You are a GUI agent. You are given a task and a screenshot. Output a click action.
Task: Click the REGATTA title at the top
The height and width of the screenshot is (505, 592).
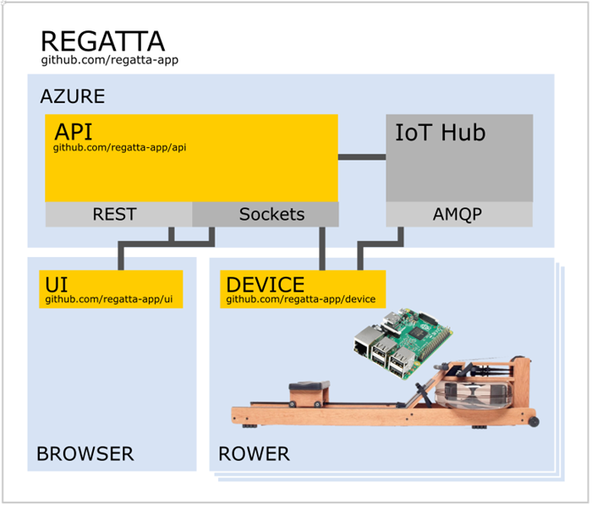point(102,41)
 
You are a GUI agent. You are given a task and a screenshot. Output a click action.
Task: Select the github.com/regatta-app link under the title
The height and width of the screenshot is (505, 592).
point(109,61)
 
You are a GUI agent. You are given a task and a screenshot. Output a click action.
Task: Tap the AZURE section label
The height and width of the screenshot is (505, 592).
point(73,96)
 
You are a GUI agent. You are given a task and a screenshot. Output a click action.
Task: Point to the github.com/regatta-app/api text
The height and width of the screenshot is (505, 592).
point(119,148)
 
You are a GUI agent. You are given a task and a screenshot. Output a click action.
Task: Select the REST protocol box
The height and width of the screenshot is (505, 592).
point(114,214)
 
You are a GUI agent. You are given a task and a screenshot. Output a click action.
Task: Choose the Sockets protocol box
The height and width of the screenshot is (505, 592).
point(271,214)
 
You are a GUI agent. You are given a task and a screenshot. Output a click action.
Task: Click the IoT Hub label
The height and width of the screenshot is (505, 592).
point(441,132)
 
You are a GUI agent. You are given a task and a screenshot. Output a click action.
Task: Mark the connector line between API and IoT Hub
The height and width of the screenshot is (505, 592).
point(362,156)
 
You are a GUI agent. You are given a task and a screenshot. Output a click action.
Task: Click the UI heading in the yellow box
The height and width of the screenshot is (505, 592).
point(57,284)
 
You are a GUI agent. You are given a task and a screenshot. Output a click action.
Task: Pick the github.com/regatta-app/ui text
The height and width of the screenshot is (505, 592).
point(113,299)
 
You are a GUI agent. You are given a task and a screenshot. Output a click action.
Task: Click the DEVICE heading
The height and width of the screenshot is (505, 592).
point(265,284)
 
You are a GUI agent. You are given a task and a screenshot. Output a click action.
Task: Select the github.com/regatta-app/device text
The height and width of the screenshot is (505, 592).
point(300,299)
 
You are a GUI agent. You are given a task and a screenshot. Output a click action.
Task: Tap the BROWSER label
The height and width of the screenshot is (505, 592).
point(85,454)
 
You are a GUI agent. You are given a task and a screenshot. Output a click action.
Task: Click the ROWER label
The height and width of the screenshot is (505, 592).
point(254,454)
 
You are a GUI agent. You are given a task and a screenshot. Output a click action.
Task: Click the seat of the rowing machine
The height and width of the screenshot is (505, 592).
point(308,390)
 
